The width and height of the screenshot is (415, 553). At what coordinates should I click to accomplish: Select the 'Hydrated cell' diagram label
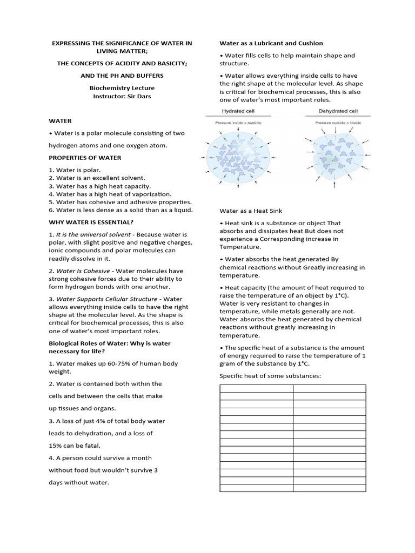point(238,111)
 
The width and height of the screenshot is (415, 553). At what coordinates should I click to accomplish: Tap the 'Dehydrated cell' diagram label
point(337,111)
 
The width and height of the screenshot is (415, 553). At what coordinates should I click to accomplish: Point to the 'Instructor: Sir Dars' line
point(122,96)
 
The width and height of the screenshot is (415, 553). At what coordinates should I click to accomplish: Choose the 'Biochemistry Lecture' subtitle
point(122,87)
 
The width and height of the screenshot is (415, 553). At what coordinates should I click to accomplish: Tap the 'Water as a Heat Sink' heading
point(251,211)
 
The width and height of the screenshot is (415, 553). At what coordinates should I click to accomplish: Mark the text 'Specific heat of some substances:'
point(270,375)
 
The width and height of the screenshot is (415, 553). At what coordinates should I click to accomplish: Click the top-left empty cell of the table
point(256,388)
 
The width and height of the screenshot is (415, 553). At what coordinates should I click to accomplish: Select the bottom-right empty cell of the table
point(329,488)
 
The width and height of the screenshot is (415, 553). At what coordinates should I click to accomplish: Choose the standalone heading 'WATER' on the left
point(60,121)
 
